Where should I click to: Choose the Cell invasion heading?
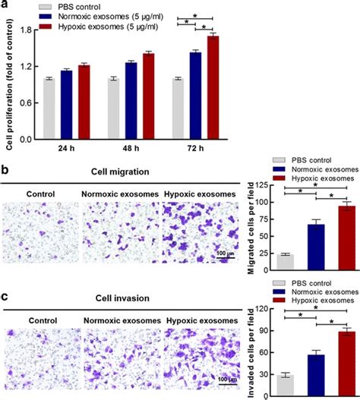pyautogui.click(x=126, y=290)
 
